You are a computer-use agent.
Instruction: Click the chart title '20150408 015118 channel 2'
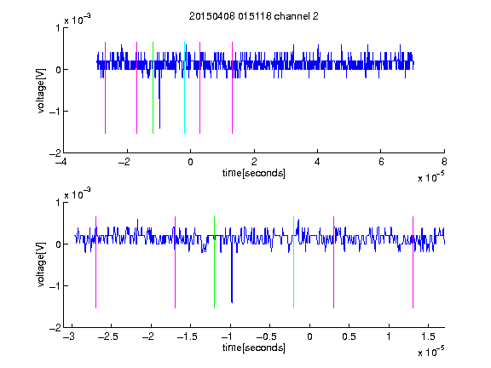[x=254, y=16]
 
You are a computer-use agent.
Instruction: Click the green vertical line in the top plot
[x=153, y=88]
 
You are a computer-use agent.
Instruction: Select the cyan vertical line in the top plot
[x=184, y=88]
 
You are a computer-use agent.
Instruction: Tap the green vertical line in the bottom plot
[x=214, y=262]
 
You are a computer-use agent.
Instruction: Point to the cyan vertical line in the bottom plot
[x=293, y=262]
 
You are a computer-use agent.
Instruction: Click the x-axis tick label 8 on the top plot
[x=444, y=162]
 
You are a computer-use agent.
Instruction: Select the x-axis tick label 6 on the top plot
[x=381, y=162]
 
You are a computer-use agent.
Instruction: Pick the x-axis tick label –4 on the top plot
[x=61, y=162]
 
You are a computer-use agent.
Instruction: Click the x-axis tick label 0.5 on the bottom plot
[x=349, y=336]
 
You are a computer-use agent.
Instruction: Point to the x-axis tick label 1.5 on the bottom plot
[x=428, y=336]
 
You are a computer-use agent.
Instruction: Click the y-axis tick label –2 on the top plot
[x=55, y=153]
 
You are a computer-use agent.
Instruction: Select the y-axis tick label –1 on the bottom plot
[x=55, y=285]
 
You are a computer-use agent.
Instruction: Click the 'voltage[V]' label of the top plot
[x=41, y=90]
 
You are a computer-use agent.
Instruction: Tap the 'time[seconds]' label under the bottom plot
[x=254, y=348]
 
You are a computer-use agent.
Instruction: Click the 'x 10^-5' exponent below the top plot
[x=430, y=177]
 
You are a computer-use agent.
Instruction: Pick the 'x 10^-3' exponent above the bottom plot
[x=78, y=194]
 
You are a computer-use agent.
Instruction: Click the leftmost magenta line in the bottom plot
[x=95, y=262]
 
